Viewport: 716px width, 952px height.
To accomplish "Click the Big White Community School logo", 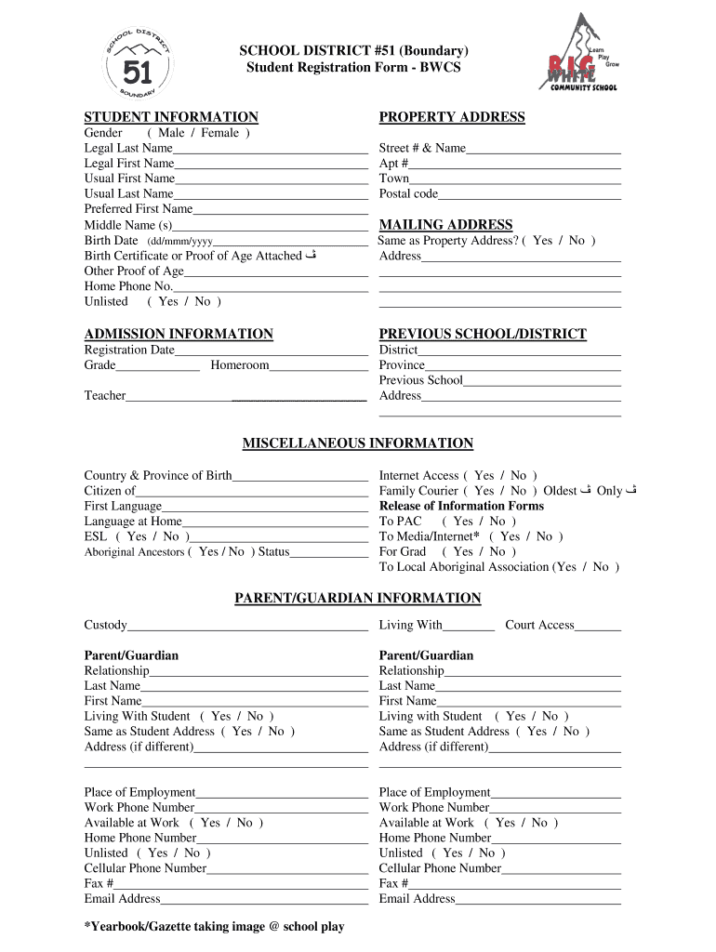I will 580,55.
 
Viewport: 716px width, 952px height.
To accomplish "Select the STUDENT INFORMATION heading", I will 171,117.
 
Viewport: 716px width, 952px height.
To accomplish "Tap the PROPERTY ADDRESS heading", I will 452,117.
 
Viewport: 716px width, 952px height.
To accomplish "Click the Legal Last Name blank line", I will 270,150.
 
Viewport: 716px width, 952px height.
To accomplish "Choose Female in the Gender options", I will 219,133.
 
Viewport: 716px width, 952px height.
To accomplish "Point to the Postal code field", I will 529,195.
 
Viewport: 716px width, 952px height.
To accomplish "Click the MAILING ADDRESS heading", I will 445,225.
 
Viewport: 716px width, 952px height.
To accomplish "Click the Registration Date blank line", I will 271,351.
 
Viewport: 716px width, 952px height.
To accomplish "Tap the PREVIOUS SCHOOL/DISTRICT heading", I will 483,334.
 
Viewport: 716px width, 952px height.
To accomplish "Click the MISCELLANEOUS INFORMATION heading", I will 358,443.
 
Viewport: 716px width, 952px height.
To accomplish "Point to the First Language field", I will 264,508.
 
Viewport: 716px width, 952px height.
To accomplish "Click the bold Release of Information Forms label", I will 461,506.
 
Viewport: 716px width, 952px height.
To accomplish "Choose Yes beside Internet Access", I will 484,475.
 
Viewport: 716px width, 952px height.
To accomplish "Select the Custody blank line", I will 247,627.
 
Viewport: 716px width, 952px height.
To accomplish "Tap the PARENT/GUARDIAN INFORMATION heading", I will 358,598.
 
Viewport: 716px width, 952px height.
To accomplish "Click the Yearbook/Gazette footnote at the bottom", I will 214,927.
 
